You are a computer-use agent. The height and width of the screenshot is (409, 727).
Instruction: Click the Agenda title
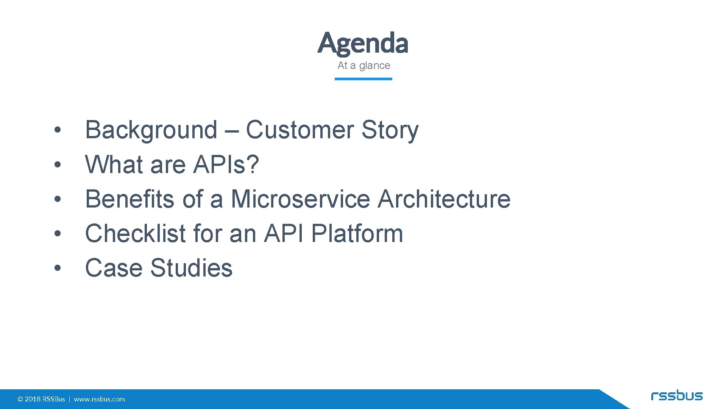(363, 43)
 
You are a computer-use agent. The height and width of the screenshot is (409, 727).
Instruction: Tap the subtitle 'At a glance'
(363, 66)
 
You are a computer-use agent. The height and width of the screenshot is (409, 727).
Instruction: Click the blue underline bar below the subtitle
(363, 79)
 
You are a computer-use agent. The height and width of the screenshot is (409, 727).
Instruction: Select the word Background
(151, 130)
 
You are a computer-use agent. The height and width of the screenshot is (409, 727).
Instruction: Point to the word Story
(390, 130)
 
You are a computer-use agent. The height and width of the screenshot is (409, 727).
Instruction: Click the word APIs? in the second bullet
(226, 164)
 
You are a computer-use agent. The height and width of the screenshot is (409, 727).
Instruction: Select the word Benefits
(130, 199)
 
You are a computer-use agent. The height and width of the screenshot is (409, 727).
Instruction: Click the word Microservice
(300, 199)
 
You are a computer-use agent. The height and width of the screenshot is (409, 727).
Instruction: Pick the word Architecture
(444, 199)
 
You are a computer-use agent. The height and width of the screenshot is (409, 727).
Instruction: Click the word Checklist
(135, 233)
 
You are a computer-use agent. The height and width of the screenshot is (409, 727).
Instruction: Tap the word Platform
(357, 233)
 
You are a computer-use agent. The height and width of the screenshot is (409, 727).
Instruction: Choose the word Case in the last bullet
(114, 268)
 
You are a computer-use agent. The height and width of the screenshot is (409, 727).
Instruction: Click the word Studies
(191, 268)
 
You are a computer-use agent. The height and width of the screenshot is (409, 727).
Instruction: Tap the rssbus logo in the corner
(677, 396)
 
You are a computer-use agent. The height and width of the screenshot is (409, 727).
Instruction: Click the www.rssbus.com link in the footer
(99, 399)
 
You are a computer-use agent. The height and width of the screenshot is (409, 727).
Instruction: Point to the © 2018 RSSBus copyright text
(41, 399)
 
